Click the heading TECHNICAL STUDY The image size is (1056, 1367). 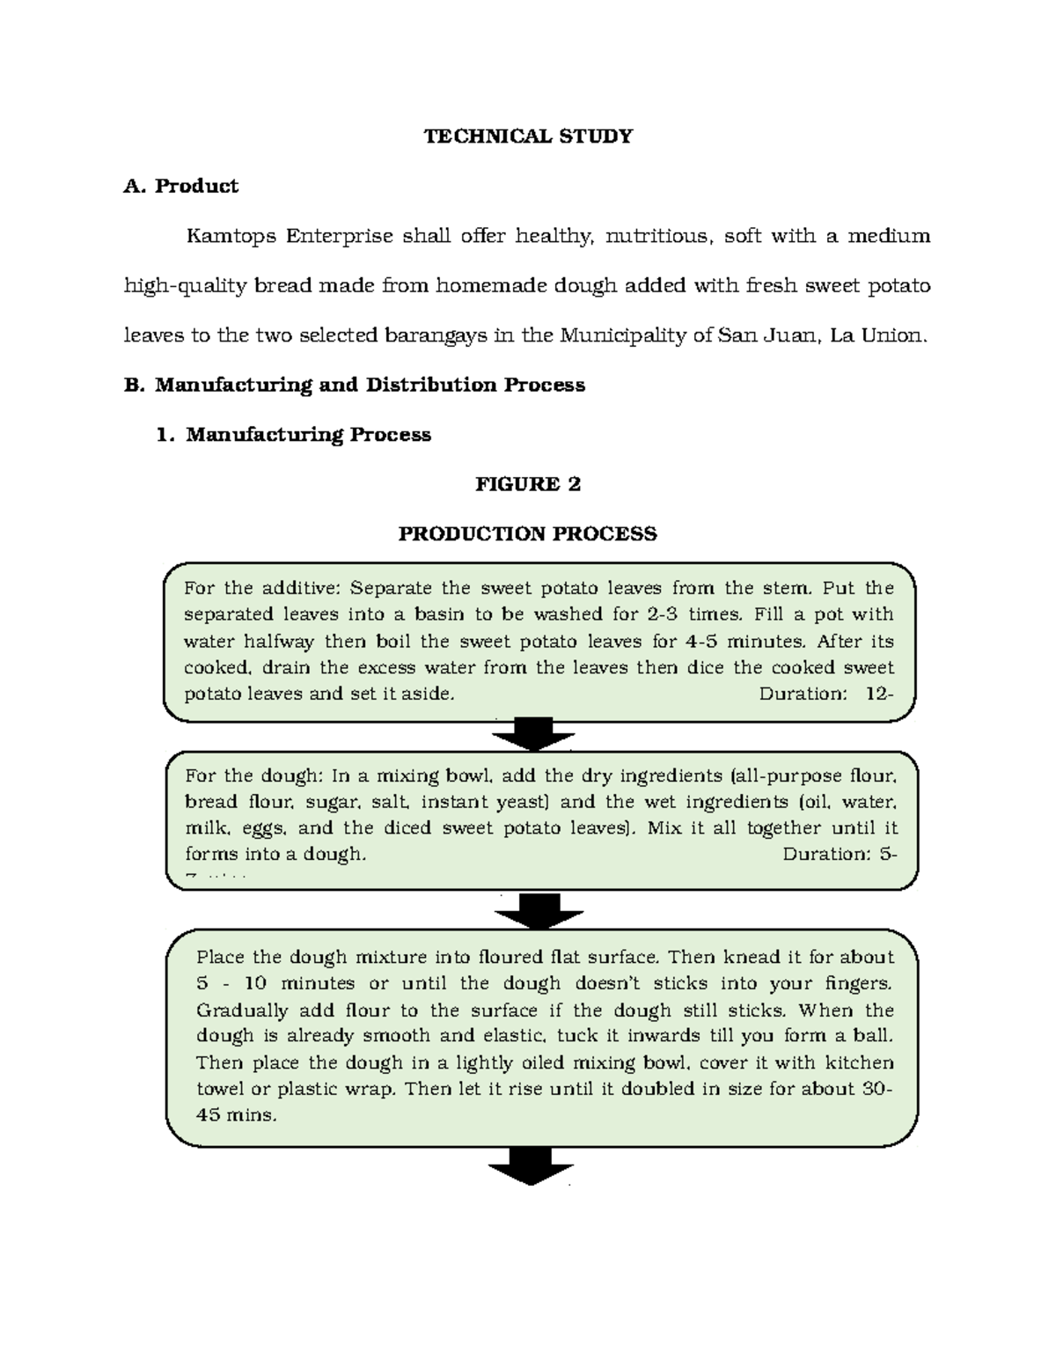(528, 136)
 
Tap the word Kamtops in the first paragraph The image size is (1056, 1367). (228, 236)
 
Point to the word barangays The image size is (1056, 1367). (435, 335)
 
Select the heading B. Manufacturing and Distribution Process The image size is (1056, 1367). (356, 385)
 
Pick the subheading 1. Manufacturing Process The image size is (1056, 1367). (293, 435)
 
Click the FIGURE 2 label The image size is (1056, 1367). (528, 484)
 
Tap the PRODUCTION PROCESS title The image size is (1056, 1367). (528, 534)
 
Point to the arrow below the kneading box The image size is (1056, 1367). (531, 1165)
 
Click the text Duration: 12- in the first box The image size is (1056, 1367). (825, 694)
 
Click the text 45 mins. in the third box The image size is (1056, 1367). (236, 1115)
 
